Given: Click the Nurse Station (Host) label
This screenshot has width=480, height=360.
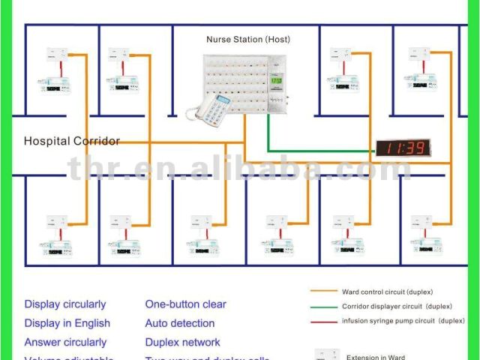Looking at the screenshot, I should point(247,39).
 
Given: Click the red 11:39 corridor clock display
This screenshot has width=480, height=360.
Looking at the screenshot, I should point(402,148).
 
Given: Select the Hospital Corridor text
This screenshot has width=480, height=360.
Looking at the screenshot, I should point(71,141).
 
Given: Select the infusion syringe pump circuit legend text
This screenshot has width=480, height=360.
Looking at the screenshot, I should point(403,320).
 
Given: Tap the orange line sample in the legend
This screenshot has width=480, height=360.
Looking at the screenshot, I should point(323,292).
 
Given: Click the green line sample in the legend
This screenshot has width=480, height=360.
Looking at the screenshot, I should point(323,306).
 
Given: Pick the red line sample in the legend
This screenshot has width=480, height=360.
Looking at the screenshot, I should point(323,320).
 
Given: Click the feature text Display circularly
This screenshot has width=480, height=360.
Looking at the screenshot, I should point(65,304).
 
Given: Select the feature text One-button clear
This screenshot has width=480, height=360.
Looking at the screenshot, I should point(185,304).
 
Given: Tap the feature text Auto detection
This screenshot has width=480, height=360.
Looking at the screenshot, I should point(180,323).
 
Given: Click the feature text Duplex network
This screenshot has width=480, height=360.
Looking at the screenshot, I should point(182,342).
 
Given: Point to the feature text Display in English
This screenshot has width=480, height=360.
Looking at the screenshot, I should point(67,323).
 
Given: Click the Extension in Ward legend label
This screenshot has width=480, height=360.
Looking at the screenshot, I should point(374,356).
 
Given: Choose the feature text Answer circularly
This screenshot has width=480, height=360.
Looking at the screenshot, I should point(65,342).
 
